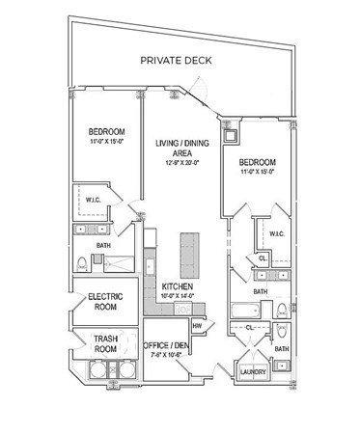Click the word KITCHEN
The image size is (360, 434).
(180, 287)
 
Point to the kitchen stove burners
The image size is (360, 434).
(150, 286)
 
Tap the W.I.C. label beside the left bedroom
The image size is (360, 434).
(92, 202)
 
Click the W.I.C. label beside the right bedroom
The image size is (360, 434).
(276, 233)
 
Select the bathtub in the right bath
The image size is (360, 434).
(247, 311)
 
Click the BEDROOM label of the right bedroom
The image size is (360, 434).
(258, 162)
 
